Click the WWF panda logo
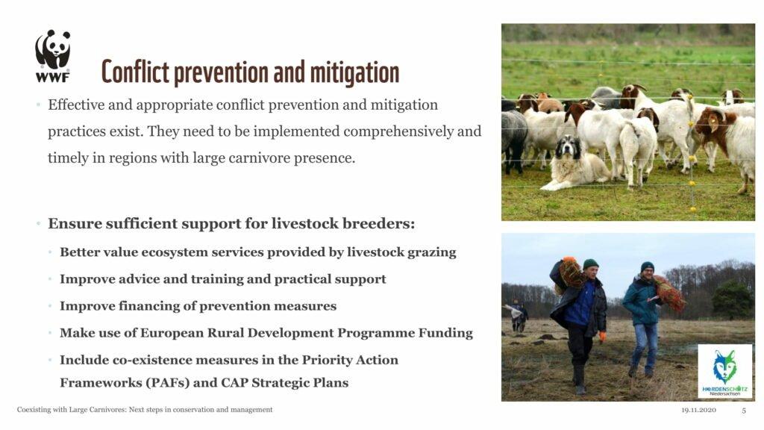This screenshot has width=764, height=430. (x=53, y=55)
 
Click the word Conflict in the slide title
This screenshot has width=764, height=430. (x=135, y=72)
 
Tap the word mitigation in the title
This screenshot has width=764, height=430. (x=354, y=72)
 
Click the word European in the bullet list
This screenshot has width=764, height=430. (x=172, y=333)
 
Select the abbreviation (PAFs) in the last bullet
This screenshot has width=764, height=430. (x=167, y=383)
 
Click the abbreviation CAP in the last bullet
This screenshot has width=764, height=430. (x=235, y=383)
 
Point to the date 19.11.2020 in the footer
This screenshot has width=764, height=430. (x=698, y=410)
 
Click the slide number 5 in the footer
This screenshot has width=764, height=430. (x=744, y=411)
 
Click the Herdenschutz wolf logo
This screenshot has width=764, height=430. (x=725, y=371)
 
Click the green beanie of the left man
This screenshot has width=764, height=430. (x=591, y=264)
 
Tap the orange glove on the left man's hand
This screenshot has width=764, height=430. (x=603, y=337)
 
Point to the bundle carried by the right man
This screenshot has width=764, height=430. (x=669, y=293)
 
